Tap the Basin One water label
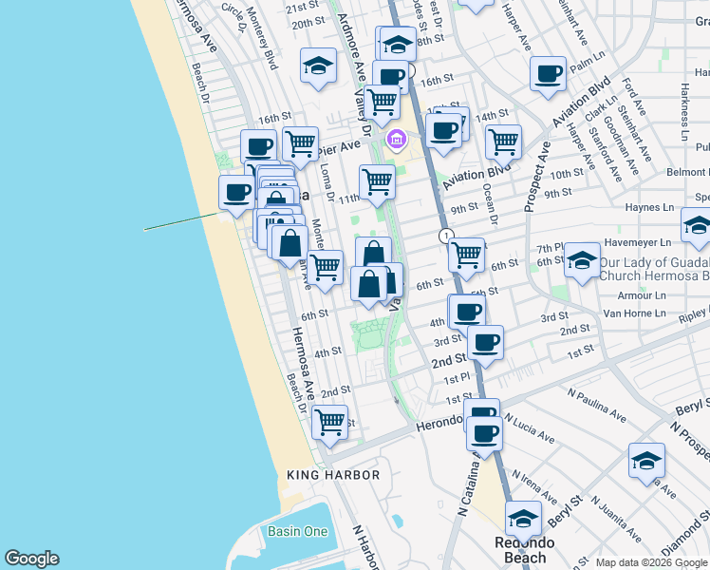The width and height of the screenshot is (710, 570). coord(297,531)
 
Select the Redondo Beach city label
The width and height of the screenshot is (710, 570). coord(521,550)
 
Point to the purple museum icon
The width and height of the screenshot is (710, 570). coord(397,142)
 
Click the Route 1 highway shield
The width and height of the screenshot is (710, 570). coord(445,235)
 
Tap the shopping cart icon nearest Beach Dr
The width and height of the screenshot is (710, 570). coord(329,421)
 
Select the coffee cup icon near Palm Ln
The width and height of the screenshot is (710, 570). coord(548,73)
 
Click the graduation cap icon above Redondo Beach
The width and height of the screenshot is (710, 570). coord(522,519)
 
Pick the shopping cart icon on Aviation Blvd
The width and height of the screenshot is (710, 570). coord(503,142)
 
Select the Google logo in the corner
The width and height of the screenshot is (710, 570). coord(31,559)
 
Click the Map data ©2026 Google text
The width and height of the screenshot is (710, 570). coord(651,562)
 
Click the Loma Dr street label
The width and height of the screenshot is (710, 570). coord(327,180)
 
